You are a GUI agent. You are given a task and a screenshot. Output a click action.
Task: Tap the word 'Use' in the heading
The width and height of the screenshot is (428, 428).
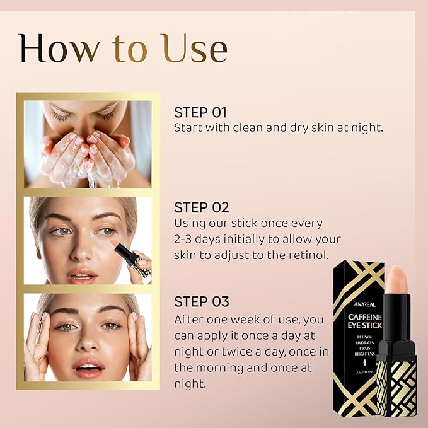coord(194,49)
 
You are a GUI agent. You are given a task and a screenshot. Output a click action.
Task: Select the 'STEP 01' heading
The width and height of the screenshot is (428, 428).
coord(200,113)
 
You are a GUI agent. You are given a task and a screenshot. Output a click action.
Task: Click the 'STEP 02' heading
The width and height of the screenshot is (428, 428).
coord(201,207)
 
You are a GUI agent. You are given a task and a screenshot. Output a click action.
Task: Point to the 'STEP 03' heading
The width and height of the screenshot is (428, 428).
coord(201,301)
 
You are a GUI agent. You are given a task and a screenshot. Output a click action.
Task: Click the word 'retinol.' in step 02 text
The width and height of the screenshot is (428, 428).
coord(308,255)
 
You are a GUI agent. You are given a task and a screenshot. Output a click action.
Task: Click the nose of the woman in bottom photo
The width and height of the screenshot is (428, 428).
coord(88,345)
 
